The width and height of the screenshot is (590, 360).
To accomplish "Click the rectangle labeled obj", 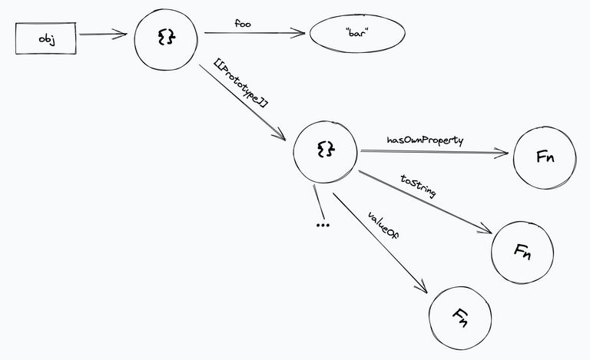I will pos(45,38).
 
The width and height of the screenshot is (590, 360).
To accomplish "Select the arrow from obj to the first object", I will pos(102,35).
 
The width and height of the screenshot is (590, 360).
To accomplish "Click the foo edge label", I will pos(243,24).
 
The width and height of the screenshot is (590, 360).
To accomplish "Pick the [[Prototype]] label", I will pos(241,91).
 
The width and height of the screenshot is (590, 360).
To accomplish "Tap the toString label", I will pos(419,187).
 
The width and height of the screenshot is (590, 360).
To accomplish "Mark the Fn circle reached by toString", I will pos(522,251).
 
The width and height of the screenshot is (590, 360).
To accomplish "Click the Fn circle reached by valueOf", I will pos(459,314).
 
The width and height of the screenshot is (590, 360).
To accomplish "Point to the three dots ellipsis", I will pos(323,224).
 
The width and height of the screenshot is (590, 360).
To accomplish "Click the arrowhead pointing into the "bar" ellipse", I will pos(300,34).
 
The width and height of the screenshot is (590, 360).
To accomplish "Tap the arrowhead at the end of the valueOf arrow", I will pos(422,286).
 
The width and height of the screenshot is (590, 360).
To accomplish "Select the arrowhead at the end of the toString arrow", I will pos(486,230).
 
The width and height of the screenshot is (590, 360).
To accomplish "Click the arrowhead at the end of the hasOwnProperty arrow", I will pos(504,154).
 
